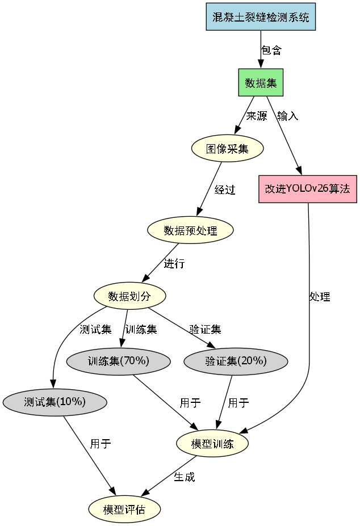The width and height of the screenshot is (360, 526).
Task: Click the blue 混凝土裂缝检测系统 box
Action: coord(261,16)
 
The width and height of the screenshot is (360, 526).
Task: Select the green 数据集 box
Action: coord(261,83)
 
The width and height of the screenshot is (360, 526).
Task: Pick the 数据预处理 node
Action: coord(190,230)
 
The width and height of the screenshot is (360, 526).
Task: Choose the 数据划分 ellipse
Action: coord(129,296)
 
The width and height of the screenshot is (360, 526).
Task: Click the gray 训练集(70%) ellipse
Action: coord(118,361)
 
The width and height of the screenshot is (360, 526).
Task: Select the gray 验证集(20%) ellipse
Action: coord(236,361)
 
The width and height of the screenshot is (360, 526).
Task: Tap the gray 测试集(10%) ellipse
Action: coord(55,402)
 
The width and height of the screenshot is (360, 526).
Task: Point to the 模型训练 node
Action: coord(212,444)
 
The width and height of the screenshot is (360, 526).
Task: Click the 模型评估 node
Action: coord(124,509)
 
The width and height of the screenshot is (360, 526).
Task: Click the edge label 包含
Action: coord(271,51)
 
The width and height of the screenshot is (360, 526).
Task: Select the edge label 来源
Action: coord(256,116)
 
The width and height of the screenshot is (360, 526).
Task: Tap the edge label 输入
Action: coord(287,116)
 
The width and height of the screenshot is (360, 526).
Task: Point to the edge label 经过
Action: coord(225,190)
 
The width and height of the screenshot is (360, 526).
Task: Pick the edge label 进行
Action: coord(174,264)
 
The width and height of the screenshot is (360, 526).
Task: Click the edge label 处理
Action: coord(320,297)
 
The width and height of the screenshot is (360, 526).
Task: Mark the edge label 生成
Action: coord(184,477)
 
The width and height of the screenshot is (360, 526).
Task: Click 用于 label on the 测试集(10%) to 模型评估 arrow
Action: coord(101,444)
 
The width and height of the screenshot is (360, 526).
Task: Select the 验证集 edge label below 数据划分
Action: coord(205,329)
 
